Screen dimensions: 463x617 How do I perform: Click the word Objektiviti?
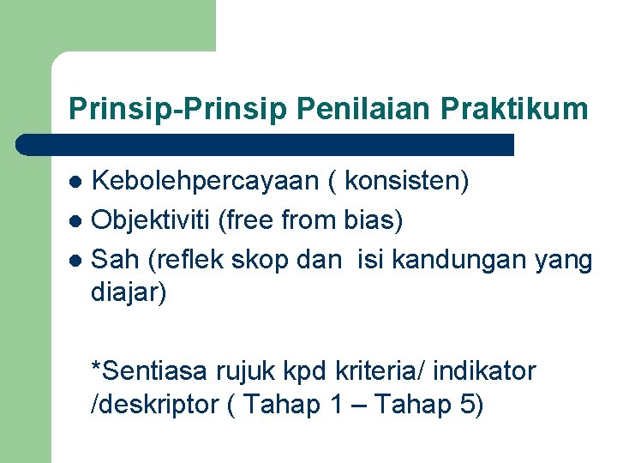pyautogui.click(x=152, y=221)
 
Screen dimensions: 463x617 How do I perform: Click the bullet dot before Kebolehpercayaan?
pyautogui.click(x=75, y=183)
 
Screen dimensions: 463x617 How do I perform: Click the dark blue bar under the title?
pyautogui.click(x=266, y=145)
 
